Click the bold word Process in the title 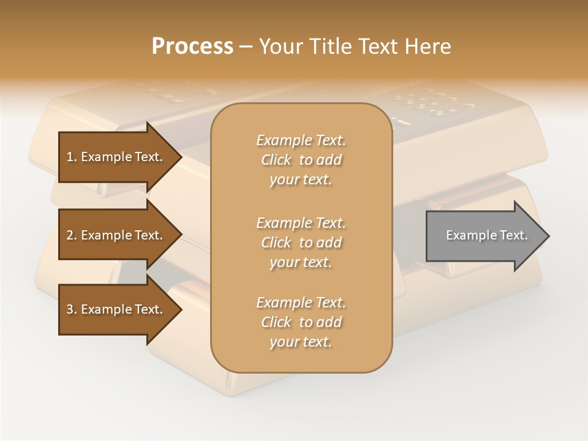click(x=192, y=47)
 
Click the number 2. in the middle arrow click(x=71, y=235)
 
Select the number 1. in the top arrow click(x=71, y=157)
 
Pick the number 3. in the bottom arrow click(x=71, y=309)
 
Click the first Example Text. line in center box click(x=301, y=140)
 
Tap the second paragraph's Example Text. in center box click(x=301, y=222)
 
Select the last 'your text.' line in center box click(x=301, y=342)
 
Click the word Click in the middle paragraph click(x=276, y=243)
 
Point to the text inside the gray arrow click(x=487, y=235)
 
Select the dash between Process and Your click(x=246, y=47)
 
